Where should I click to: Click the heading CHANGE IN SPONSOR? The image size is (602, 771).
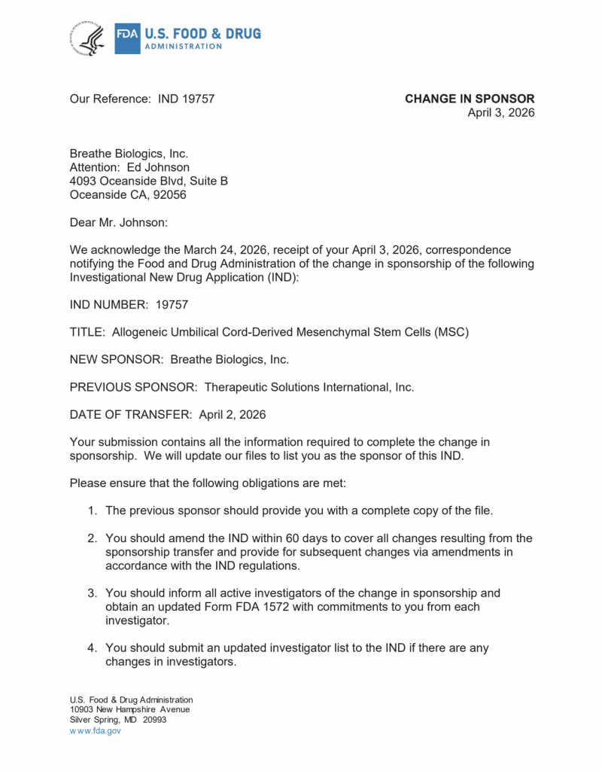(x=470, y=99)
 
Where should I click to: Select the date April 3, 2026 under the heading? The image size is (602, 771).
(x=501, y=113)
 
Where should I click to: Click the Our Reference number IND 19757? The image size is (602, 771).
(x=187, y=99)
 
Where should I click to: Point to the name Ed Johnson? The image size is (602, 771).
(x=158, y=167)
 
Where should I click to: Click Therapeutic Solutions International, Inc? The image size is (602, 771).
(x=309, y=387)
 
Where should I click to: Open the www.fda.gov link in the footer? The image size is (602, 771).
(x=95, y=730)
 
